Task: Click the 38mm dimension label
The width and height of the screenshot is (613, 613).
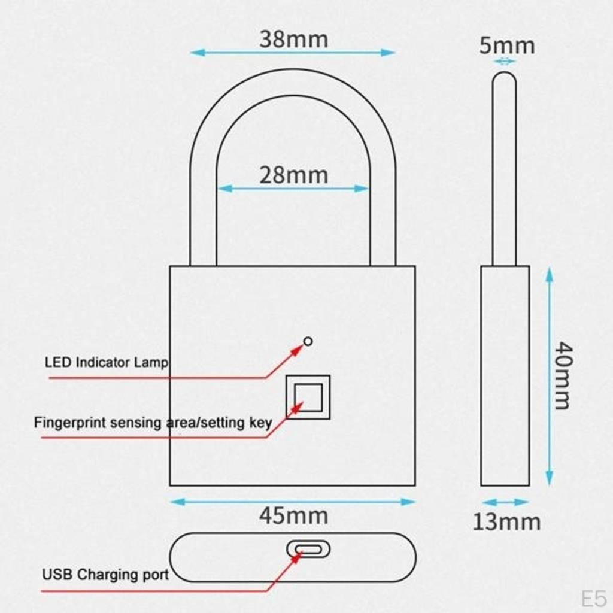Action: click(293, 40)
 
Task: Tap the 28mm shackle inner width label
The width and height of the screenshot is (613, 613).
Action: click(293, 175)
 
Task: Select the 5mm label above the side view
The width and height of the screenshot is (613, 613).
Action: click(506, 45)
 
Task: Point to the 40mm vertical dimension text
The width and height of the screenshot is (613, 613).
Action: click(562, 375)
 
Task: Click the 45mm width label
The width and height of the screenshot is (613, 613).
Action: click(293, 515)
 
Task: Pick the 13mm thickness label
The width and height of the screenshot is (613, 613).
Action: click(506, 522)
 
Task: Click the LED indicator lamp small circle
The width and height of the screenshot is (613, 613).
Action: click(308, 341)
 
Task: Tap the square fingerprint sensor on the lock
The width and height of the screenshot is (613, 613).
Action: click(308, 397)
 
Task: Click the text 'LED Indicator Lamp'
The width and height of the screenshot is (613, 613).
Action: click(107, 363)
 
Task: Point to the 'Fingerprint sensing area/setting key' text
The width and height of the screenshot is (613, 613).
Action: click(153, 423)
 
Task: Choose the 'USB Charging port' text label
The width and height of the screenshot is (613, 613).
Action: click(105, 575)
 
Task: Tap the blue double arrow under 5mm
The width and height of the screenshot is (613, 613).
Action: click(505, 61)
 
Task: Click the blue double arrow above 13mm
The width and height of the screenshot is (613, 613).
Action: click(505, 502)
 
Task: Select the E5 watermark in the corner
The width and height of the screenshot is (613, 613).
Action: click(594, 598)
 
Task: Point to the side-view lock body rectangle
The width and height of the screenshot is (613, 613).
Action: click(505, 375)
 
